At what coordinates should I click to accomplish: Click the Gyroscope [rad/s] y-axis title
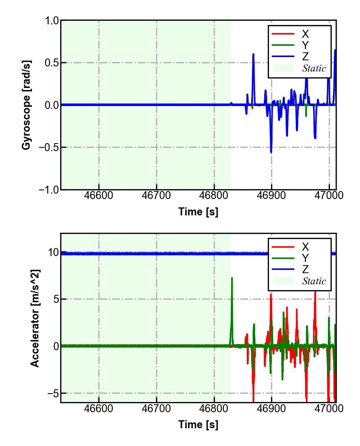click(x=26, y=105)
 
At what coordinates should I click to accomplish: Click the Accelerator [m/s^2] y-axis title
click(x=35, y=318)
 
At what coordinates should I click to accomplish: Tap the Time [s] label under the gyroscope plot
click(x=198, y=211)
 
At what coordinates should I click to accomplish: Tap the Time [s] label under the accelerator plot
click(x=198, y=424)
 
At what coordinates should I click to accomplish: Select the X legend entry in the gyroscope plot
click(x=305, y=34)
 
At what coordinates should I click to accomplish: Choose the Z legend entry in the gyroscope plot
click(x=305, y=57)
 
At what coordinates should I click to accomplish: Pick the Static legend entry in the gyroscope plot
click(x=314, y=68)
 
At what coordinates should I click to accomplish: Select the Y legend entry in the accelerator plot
click(x=305, y=258)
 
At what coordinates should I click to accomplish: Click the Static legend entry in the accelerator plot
click(x=314, y=281)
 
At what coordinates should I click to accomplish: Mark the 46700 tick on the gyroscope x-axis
click(x=156, y=195)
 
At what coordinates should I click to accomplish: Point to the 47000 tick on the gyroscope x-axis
click(x=329, y=195)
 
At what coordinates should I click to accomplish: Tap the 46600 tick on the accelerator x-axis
click(x=99, y=408)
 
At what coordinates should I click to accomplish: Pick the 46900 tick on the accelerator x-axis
click(x=271, y=408)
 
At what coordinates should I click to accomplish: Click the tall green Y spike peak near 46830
click(x=232, y=279)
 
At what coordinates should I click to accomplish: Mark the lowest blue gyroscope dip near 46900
click(x=271, y=152)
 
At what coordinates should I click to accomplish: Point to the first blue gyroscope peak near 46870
click(x=253, y=54)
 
